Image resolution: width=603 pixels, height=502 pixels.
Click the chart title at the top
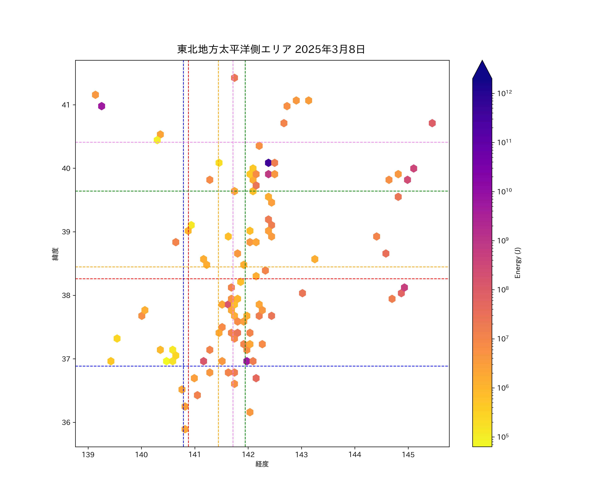click(x=271, y=49)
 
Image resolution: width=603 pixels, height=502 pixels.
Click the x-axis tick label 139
click(x=88, y=455)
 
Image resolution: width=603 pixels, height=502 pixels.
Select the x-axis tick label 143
click(x=301, y=455)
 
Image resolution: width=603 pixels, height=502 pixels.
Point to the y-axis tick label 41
click(x=66, y=105)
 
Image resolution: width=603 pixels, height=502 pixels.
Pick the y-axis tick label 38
click(x=66, y=296)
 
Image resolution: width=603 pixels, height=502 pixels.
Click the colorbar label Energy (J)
click(x=518, y=263)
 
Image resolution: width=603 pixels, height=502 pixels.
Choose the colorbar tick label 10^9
click(x=503, y=241)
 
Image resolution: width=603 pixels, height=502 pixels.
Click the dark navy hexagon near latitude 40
click(x=268, y=163)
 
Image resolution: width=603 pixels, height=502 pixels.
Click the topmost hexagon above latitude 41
click(x=234, y=78)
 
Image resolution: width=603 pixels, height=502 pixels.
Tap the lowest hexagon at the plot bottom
click(x=185, y=429)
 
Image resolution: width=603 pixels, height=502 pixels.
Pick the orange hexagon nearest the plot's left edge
click(x=95, y=95)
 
